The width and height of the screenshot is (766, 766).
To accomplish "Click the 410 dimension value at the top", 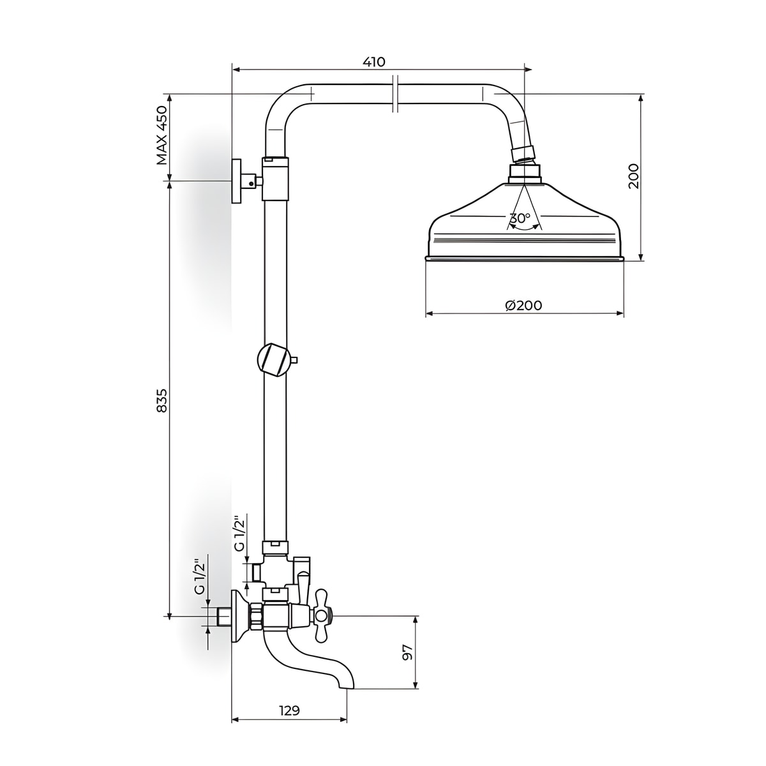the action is tap(373, 62).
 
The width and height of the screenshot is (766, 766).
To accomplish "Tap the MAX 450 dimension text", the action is tap(161, 135).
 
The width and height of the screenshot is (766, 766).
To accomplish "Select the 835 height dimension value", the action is tap(161, 401).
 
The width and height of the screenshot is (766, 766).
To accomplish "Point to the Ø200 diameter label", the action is tap(523, 305).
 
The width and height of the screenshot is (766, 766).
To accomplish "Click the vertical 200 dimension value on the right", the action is tap(633, 176).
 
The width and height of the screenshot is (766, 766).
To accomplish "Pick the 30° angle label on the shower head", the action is tap(520, 218).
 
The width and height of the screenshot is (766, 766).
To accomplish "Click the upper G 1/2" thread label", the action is tap(240, 534).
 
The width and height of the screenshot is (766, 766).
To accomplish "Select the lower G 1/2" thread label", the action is tap(200, 576).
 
